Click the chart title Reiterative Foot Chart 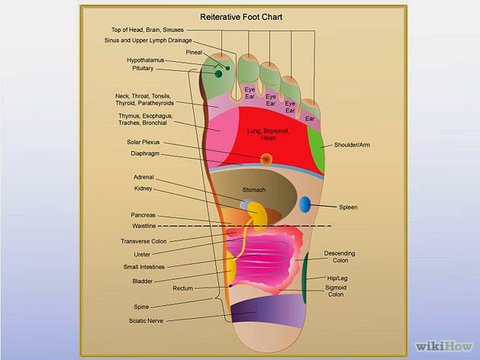(x=241, y=17)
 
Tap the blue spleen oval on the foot (x=304, y=204)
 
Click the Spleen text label (x=348, y=207)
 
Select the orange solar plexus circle (x=266, y=159)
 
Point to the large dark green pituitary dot (x=218, y=74)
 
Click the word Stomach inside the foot (x=254, y=190)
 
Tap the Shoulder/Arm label (x=352, y=145)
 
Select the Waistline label (x=144, y=226)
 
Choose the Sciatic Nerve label (x=146, y=320)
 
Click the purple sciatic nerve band (x=268, y=311)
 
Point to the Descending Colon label (x=340, y=257)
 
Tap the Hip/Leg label (x=337, y=278)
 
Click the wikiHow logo (x=444, y=346)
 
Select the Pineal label (x=194, y=53)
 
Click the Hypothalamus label (x=146, y=60)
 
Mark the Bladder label (x=143, y=281)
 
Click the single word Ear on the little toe (x=310, y=118)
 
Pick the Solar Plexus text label (x=143, y=142)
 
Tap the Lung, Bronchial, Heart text (x=268, y=134)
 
